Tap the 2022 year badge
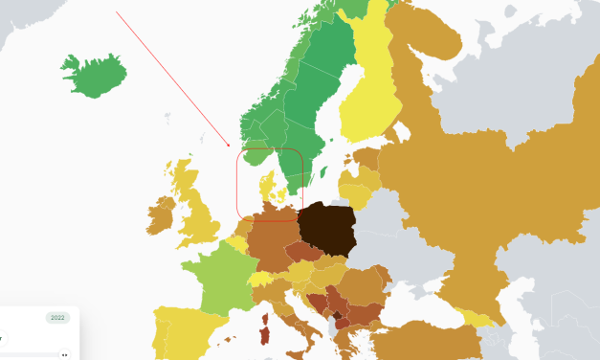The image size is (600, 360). point(57,318)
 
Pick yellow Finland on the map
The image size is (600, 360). point(377,91)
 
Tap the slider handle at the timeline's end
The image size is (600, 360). point(64,354)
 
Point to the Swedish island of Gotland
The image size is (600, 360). point(324,174)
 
